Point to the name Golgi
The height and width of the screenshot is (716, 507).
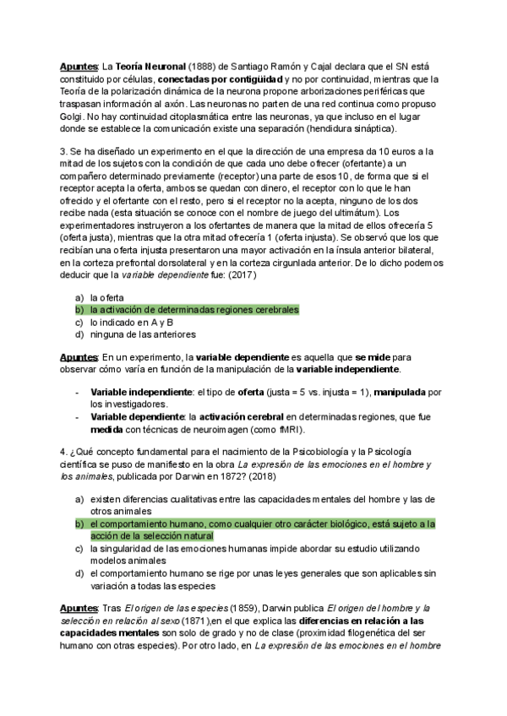pyautogui.click(x=72, y=115)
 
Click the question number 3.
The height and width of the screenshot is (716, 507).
pyautogui.click(x=62, y=151)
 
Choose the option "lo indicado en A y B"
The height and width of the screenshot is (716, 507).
pyautogui.click(x=132, y=322)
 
